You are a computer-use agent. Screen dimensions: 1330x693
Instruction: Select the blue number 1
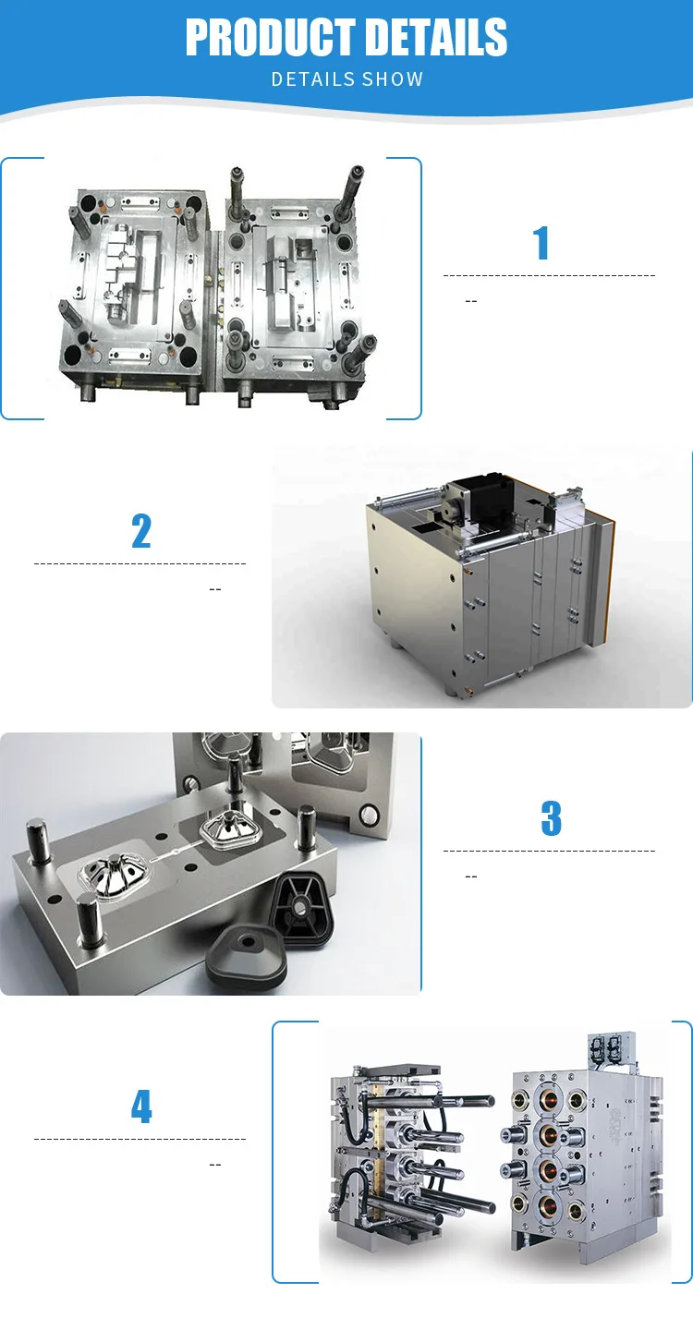541,243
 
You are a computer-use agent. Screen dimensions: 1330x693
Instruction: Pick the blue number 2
140,531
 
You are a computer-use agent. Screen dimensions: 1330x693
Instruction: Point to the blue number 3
551,818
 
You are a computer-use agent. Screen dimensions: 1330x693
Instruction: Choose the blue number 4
140,1106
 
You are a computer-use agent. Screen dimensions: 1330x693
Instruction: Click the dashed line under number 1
549,275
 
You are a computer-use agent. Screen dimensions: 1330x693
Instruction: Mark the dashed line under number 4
140,1140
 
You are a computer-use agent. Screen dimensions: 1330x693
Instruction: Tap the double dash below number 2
215,588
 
